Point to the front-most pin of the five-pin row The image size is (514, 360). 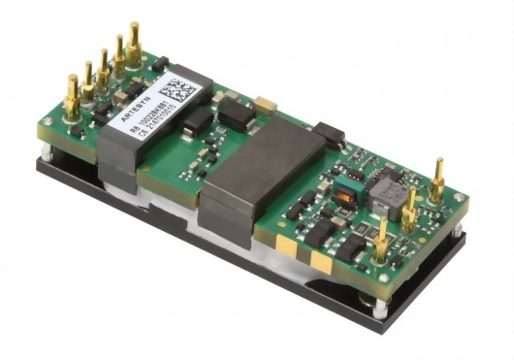click(72, 92)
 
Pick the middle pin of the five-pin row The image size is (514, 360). click(103, 68)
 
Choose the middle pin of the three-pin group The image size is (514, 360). click(411, 207)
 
